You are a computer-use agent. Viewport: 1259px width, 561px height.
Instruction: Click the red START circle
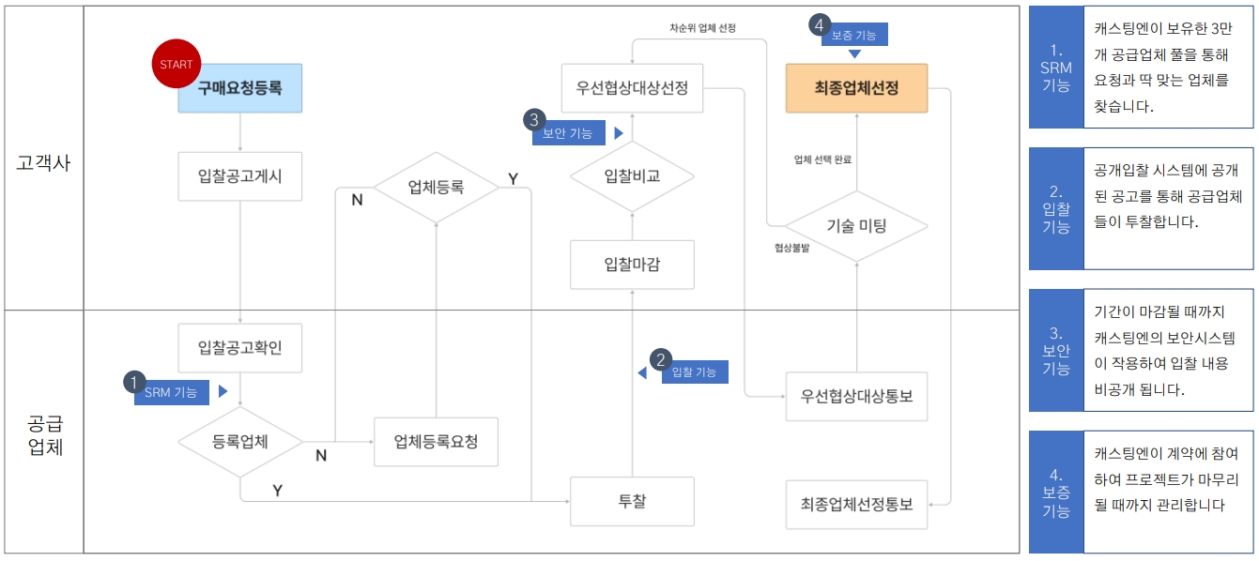(x=177, y=65)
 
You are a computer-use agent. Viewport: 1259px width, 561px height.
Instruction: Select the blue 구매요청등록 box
(x=240, y=88)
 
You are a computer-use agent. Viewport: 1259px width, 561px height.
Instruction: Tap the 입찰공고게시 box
(x=240, y=176)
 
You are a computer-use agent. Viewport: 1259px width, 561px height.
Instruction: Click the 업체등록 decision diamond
(x=436, y=187)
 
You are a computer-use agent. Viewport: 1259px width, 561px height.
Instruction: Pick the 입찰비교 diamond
(x=632, y=176)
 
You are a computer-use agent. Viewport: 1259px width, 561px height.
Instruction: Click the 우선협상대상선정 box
(x=632, y=88)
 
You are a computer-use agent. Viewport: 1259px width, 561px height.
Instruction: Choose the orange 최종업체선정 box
(x=856, y=88)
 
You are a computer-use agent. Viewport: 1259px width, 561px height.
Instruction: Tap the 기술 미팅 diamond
(x=856, y=226)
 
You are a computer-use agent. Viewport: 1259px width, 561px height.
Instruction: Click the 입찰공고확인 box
(x=240, y=348)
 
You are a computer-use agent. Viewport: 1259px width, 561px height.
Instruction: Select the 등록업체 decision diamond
(x=240, y=441)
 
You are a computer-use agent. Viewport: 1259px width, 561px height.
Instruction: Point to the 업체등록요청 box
(x=436, y=441)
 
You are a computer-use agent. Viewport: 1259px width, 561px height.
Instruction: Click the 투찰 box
(x=632, y=501)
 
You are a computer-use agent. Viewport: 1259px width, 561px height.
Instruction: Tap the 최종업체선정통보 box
(x=856, y=504)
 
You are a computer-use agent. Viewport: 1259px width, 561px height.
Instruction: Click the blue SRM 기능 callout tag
(x=171, y=392)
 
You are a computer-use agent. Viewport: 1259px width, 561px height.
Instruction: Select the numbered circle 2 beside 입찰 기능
(x=662, y=360)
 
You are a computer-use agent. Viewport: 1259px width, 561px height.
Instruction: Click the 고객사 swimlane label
(x=43, y=161)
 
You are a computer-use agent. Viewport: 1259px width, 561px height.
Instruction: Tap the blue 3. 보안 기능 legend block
(x=1055, y=350)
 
